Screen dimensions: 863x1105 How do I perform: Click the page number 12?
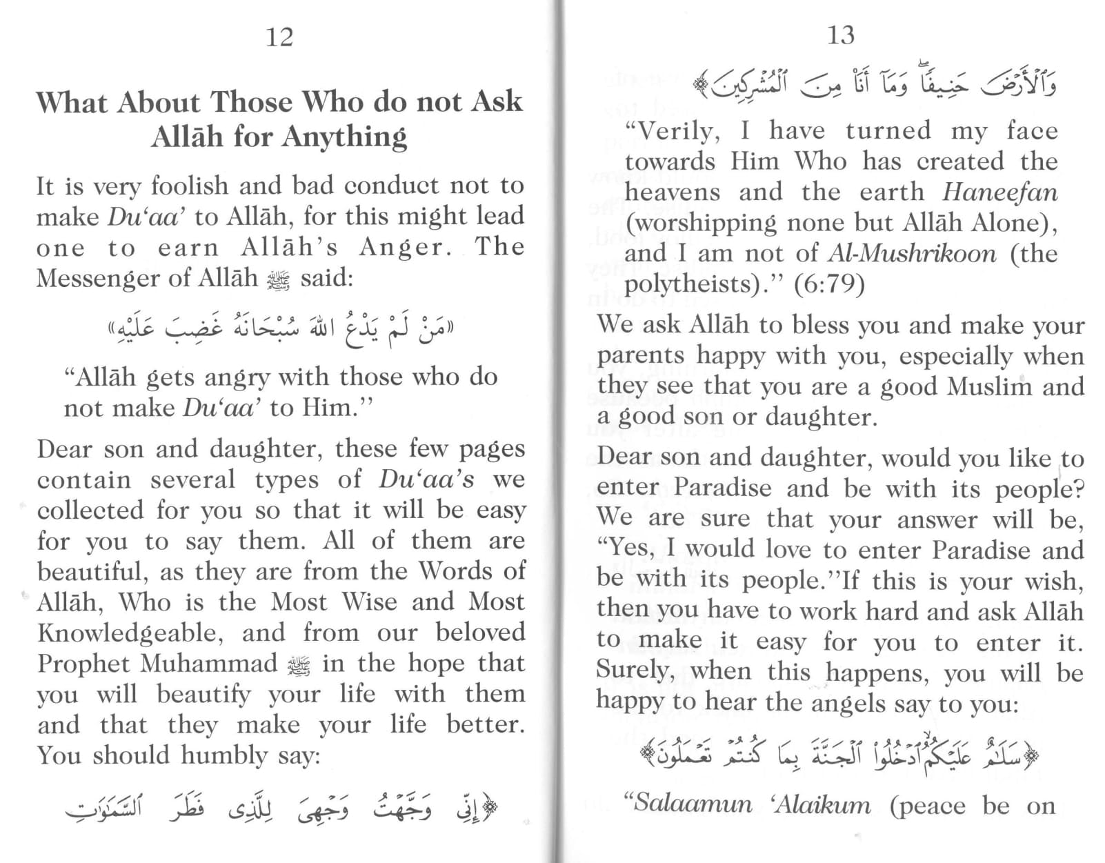[x=279, y=37]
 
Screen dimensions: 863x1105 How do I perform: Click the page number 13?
[x=840, y=34]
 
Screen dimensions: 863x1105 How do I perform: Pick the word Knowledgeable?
[x=127, y=633]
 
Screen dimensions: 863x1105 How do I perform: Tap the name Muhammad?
[x=208, y=664]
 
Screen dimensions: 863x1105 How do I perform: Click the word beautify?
[x=203, y=694]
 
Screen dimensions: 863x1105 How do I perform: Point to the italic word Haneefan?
[x=1000, y=192]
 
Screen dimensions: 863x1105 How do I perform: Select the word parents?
[x=641, y=356]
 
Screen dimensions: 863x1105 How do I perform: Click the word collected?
[x=91, y=510]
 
